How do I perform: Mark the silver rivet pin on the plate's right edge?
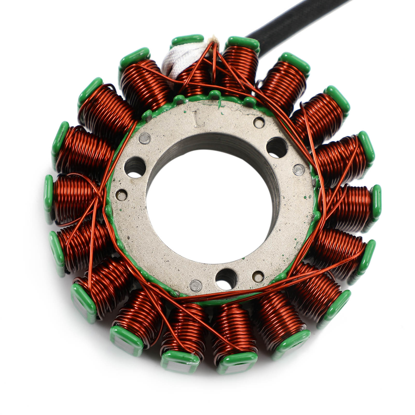(x=298, y=169)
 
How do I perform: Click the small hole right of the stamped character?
(x=258, y=122)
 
